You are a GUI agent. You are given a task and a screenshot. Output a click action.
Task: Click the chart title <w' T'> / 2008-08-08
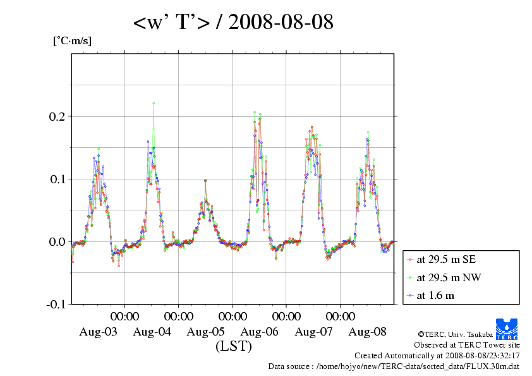233,23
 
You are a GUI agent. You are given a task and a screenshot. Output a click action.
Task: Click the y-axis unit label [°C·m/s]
72,41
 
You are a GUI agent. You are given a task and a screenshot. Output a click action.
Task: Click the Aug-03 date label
98,332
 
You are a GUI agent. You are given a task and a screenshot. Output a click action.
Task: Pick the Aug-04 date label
152,332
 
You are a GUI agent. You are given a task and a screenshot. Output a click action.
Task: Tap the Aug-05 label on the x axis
206,332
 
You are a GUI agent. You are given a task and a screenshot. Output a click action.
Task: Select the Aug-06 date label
260,332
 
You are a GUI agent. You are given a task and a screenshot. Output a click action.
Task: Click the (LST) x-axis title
233,346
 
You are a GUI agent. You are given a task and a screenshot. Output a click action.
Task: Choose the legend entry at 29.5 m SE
442,259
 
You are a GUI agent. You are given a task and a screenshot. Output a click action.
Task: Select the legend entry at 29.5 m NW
444,277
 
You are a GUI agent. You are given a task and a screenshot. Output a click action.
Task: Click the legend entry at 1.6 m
435,295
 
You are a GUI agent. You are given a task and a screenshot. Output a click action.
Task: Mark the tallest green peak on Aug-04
154,103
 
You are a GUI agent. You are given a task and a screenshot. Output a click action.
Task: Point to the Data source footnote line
394,366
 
